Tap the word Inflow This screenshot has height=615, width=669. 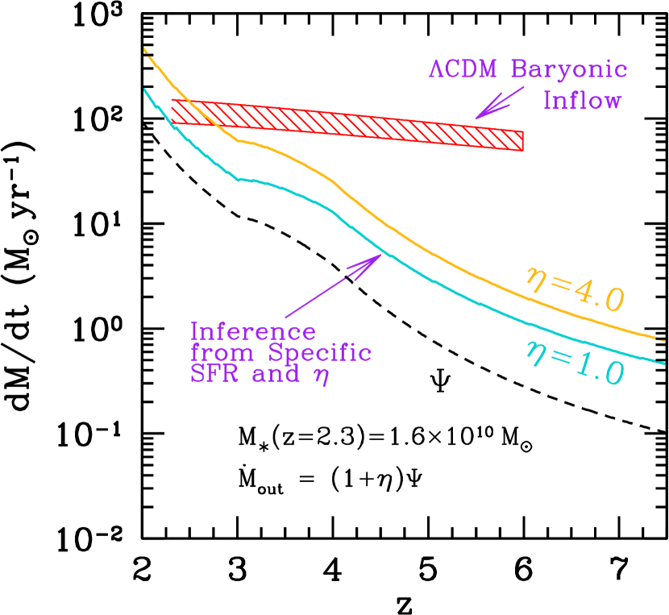pyautogui.click(x=582, y=101)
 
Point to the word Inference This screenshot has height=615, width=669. pyautogui.click(x=253, y=331)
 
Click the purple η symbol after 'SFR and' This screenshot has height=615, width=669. pyautogui.click(x=322, y=377)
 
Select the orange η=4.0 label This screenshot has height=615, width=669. pyautogui.click(x=574, y=289)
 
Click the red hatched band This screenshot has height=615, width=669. pyautogui.click(x=347, y=124)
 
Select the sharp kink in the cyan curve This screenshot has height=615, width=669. pyautogui.click(x=238, y=179)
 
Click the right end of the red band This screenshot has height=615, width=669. pyautogui.click(x=521, y=141)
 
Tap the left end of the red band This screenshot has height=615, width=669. pyautogui.click(x=173, y=111)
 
